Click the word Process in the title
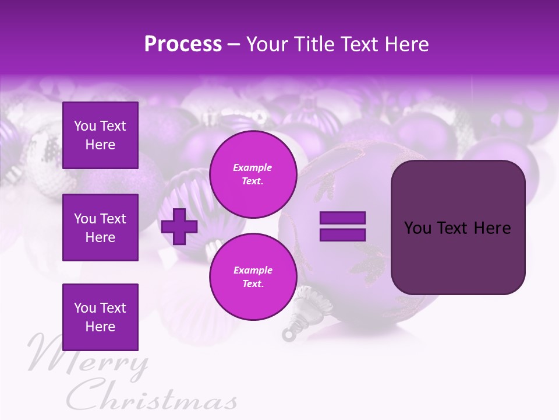(183, 44)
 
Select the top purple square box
(100, 135)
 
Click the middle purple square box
(100, 228)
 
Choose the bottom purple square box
(100, 317)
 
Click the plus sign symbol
(179, 226)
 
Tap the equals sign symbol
(342, 226)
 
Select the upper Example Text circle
(253, 174)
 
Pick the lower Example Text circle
(253, 276)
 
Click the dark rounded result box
(458, 228)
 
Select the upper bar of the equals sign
(342, 218)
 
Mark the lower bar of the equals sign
(342, 235)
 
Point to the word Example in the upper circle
(253, 167)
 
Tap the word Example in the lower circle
(253, 270)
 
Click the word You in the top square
(84, 126)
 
